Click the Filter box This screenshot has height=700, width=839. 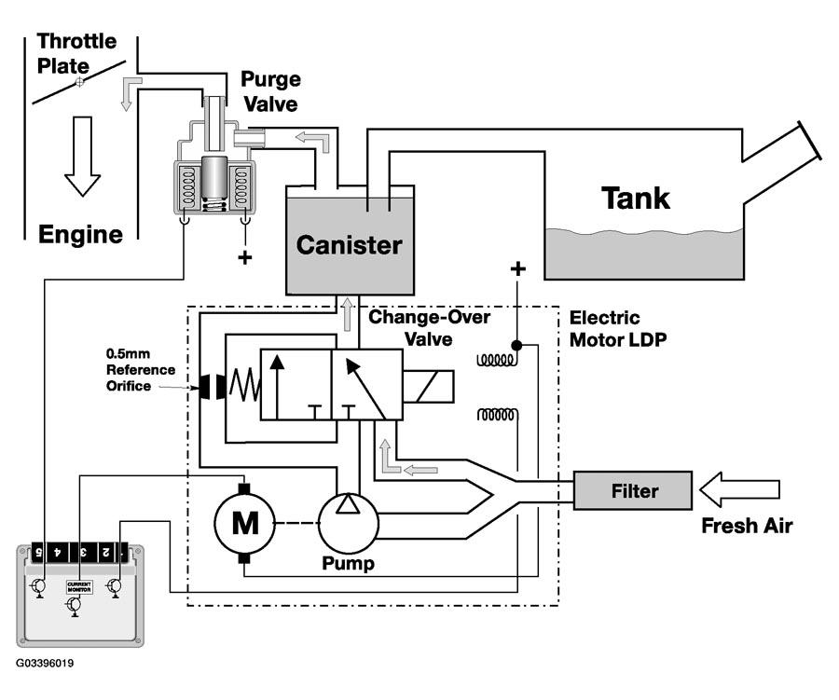(x=633, y=490)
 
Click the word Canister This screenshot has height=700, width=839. (x=350, y=246)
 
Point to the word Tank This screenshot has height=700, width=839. (x=636, y=198)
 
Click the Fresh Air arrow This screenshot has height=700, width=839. (x=741, y=487)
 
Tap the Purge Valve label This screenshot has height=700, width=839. (x=270, y=90)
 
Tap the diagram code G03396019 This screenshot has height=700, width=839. (x=45, y=664)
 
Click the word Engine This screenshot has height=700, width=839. (x=80, y=234)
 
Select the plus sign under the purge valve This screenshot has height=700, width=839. (x=245, y=257)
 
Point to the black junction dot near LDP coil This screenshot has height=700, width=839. (x=516, y=345)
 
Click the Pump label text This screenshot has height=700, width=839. (x=350, y=564)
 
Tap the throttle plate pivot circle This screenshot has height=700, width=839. (x=79, y=82)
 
